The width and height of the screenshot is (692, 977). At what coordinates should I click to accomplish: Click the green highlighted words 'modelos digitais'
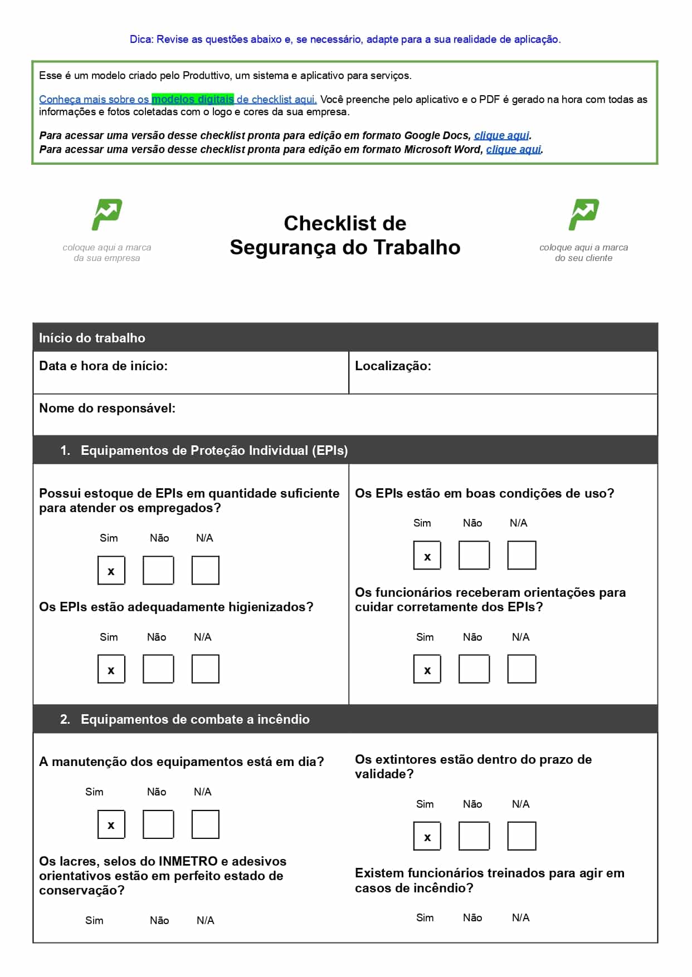(193, 100)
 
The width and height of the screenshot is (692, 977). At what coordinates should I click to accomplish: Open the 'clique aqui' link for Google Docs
(501, 135)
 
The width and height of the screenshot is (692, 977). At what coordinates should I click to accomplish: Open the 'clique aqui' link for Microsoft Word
(513, 149)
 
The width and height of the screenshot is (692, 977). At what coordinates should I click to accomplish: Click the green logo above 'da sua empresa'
(106, 214)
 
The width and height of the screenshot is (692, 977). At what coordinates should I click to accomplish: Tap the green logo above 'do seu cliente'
(583, 214)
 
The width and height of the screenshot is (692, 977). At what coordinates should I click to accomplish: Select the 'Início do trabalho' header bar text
(92, 338)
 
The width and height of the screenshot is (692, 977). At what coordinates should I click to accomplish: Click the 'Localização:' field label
(393, 366)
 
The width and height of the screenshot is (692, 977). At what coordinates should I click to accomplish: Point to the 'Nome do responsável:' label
(107, 408)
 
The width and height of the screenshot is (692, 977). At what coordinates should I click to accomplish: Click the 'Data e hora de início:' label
(103, 366)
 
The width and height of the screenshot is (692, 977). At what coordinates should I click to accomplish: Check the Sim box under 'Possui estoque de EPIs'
(111, 570)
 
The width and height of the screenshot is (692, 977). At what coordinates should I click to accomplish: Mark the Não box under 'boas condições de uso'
(474, 555)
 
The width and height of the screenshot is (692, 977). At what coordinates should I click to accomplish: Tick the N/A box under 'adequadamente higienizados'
(205, 669)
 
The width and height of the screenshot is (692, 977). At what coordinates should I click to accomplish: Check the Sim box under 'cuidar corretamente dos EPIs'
(427, 669)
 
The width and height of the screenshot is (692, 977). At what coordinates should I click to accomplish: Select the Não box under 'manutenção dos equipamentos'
(158, 824)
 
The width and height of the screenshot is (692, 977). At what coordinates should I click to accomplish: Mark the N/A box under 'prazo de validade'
(522, 836)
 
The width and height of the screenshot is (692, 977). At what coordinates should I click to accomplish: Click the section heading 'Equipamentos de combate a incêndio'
(195, 719)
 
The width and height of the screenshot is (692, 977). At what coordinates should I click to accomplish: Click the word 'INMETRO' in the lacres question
(188, 861)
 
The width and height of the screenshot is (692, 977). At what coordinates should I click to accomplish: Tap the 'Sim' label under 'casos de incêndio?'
(425, 917)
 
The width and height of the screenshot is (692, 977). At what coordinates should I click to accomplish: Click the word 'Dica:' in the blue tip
(142, 40)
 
